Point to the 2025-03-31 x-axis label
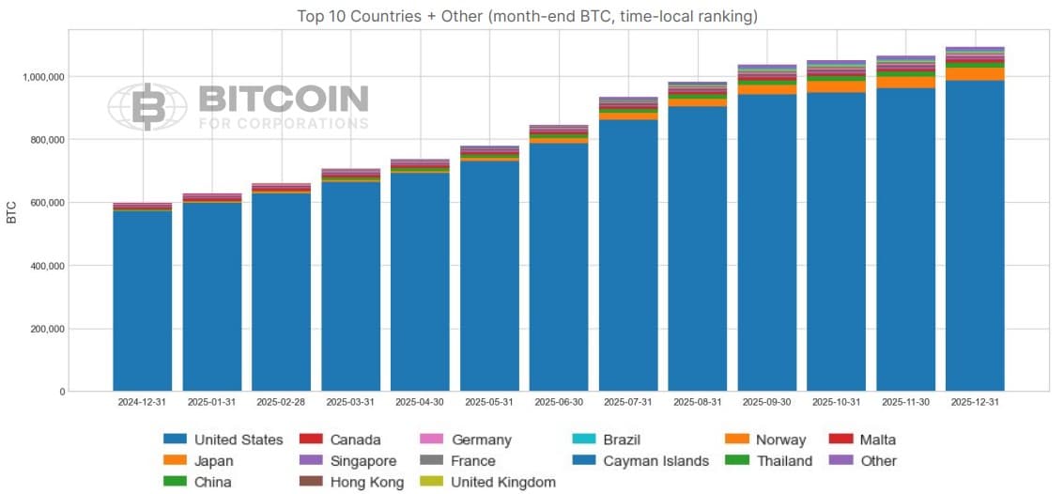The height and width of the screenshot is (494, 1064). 350,402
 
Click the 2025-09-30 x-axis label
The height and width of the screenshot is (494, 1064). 766,402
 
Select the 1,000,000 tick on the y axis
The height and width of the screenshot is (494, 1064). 45,77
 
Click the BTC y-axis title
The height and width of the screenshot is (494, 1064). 12,212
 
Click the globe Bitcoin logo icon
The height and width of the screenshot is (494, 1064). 147,106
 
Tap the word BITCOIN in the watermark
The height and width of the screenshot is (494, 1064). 284,100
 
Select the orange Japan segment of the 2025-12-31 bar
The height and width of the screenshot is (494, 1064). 975,74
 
